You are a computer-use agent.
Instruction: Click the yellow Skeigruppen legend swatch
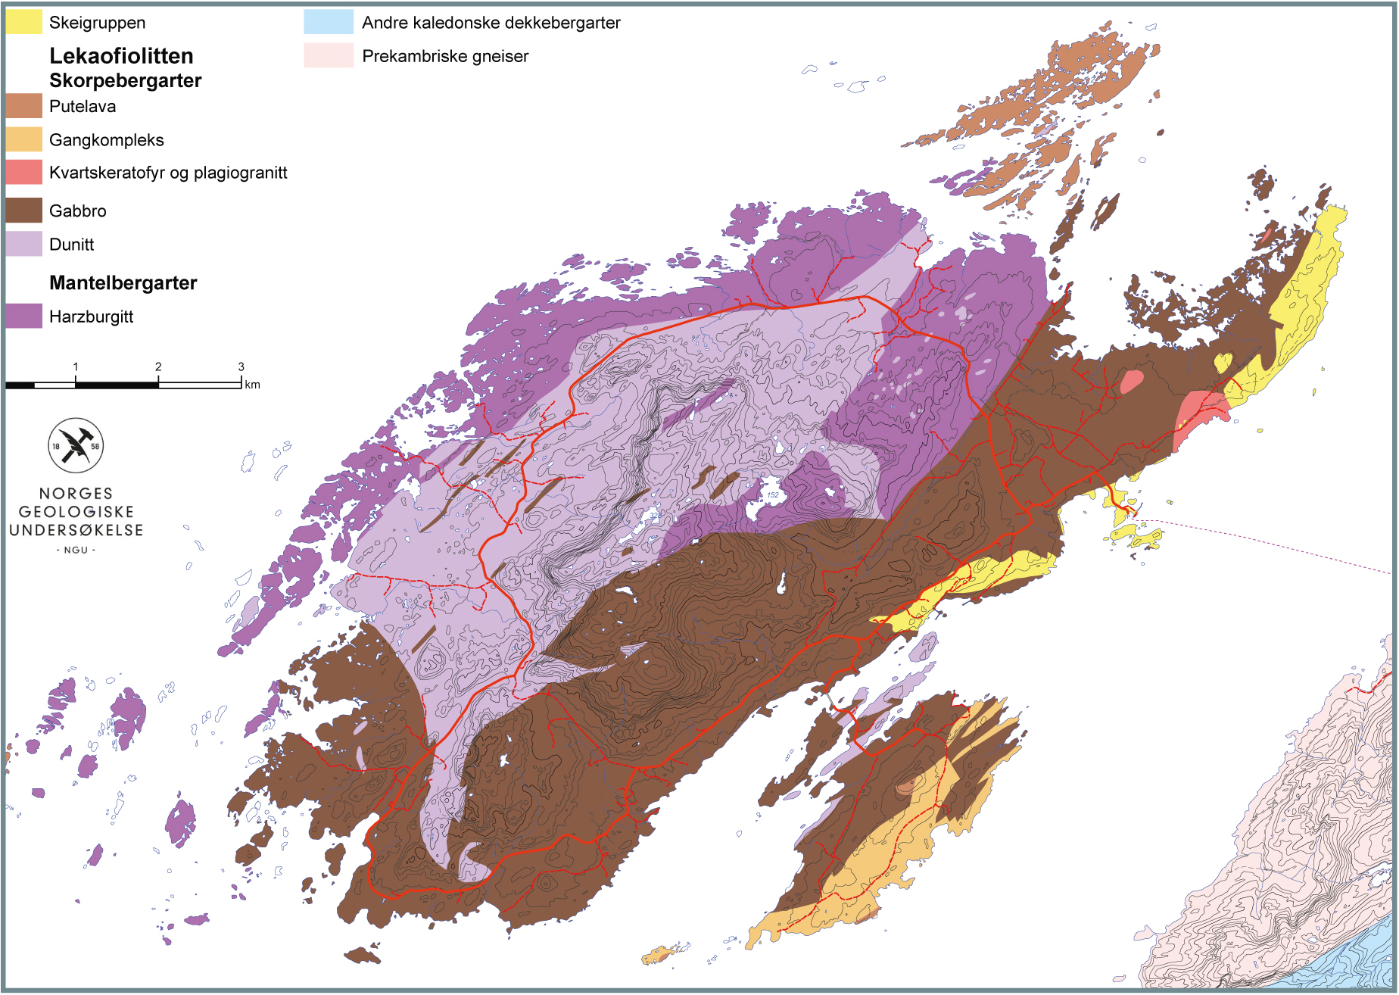click(x=23, y=22)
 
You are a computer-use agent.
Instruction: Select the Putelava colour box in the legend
click(x=23, y=106)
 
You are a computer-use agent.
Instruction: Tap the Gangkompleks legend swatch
click(x=23, y=139)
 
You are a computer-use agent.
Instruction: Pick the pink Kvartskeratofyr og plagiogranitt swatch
click(x=23, y=173)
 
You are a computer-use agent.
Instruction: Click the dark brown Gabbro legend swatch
click(x=23, y=211)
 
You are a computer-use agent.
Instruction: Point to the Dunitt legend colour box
click(x=23, y=244)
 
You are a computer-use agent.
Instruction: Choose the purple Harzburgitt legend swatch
click(x=23, y=316)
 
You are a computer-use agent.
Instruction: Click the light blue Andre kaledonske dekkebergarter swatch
click(x=329, y=22)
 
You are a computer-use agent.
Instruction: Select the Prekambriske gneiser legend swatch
click(x=329, y=55)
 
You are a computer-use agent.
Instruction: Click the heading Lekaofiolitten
click(x=121, y=55)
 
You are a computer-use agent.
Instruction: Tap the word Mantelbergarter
click(x=123, y=282)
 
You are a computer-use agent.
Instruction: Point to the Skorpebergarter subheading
click(x=125, y=80)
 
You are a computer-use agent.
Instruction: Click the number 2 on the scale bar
click(x=158, y=366)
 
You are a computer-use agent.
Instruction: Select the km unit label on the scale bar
click(x=252, y=385)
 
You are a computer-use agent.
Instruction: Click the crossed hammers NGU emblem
click(x=76, y=445)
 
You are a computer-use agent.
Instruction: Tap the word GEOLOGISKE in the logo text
click(x=76, y=512)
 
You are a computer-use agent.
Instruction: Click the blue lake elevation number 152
click(x=772, y=494)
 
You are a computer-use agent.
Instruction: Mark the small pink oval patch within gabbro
click(x=1132, y=381)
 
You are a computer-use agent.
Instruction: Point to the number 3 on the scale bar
click(x=241, y=366)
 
